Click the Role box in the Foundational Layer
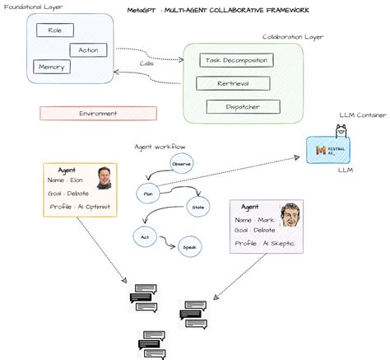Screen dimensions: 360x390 55,30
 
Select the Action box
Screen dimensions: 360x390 87,49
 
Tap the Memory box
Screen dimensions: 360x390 50,66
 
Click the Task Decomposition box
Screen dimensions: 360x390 237,59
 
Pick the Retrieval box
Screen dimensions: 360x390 233,82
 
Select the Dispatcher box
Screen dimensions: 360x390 243,105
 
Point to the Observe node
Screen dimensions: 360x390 182,164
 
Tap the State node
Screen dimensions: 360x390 198,207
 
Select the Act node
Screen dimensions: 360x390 144,236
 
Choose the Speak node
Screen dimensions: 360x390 189,246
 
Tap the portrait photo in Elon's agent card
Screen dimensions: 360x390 104,177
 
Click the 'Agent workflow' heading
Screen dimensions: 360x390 160,146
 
